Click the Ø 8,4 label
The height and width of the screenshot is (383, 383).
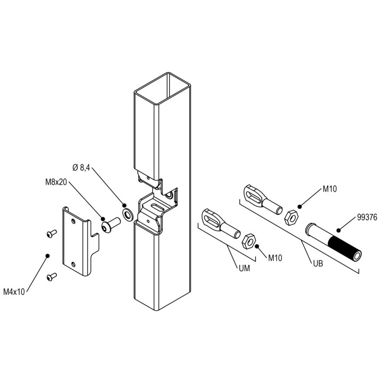tap(81, 168)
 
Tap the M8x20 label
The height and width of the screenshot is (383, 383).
tap(56, 182)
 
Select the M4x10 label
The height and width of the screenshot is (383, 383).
tap(14, 292)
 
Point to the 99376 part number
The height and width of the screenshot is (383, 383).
tap(367, 217)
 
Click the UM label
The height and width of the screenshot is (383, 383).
tap(244, 269)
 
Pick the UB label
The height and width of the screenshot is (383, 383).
tap(318, 263)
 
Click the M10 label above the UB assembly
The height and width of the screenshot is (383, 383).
tap(330, 189)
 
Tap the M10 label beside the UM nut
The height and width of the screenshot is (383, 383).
tap(275, 257)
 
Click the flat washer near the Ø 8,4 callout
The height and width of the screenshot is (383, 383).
tap(128, 215)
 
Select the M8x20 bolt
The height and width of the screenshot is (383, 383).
tap(111, 225)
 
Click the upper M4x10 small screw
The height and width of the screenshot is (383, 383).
tap(52, 234)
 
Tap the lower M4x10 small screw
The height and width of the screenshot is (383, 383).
tap(52, 277)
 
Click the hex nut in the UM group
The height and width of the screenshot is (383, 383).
tap(248, 242)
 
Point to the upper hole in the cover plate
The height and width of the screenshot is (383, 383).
tap(73, 221)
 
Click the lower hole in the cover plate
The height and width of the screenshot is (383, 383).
tap(73, 264)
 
